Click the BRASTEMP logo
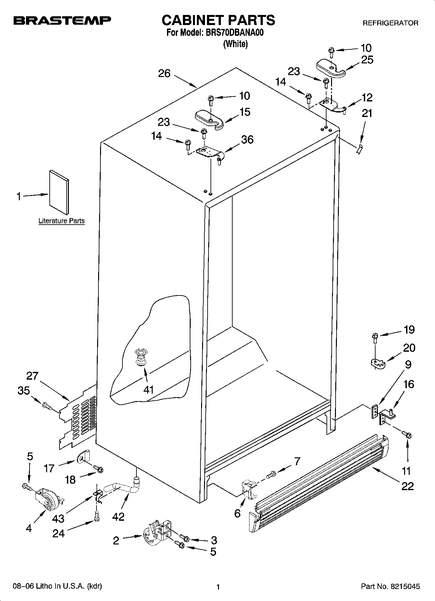pos(62,21)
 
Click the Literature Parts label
pos(61,221)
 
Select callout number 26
pos(164,74)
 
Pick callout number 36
pos(247,140)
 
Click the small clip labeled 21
pos(359,150)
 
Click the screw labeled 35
pos(47,405)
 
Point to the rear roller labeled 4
pos(48,497)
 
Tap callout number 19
pos(409,330)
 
